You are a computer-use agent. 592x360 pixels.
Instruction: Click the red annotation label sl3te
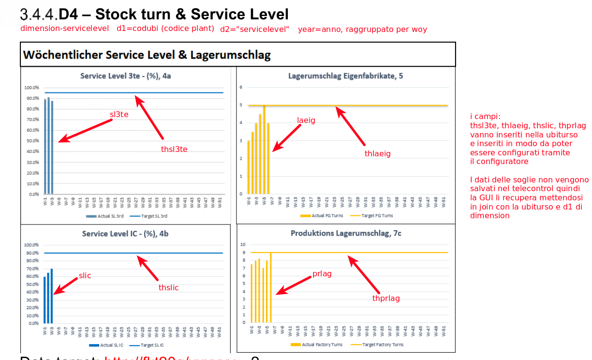tap(119, 115)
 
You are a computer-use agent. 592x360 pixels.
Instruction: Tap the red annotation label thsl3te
tap(174, 149)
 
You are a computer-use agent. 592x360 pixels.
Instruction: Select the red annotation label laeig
tap(306, 120)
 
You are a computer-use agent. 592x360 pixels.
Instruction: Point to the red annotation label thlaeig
tap(377, 153)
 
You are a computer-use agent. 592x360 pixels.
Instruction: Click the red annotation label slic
tap(85, 276)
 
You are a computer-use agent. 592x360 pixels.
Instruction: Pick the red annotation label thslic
tap(168, 287)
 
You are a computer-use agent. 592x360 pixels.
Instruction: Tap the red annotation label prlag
tap(322, 274)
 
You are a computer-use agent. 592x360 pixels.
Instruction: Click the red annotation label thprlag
tap(386, 298)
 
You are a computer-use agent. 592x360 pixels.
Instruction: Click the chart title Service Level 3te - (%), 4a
tap(125, 76)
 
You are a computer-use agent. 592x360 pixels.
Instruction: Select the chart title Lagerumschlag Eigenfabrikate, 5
tap(345, 76)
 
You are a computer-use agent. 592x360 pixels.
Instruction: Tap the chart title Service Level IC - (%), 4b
tap(125, 234)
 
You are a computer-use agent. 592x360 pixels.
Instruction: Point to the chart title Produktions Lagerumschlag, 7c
tap(346, 233)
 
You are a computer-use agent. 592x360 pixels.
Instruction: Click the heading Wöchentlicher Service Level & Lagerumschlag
tap(147, 55)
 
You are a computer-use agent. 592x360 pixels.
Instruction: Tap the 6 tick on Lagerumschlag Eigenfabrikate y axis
tap(240, 87)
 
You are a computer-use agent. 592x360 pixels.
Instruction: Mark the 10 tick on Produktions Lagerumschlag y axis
tap(243, 245)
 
